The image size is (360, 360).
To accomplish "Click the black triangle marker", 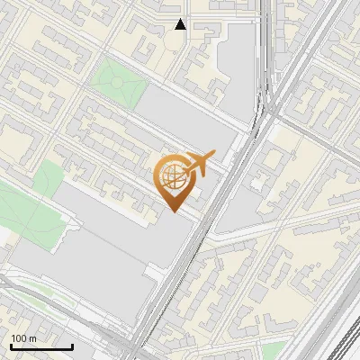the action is click(x=181, y=24).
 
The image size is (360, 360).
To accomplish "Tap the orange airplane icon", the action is click(x=197, y=165).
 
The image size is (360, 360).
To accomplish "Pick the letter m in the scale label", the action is click(x=32, y=338).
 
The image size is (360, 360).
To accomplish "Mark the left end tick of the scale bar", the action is click(x=10, y=346).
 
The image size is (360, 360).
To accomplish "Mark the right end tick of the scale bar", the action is click(x=72, y=346).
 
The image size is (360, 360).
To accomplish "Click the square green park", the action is click(x=118, y=83).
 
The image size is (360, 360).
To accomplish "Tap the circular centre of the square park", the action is click(x=118, y=83).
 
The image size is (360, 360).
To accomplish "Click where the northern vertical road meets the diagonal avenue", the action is click(x=267, y=112).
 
